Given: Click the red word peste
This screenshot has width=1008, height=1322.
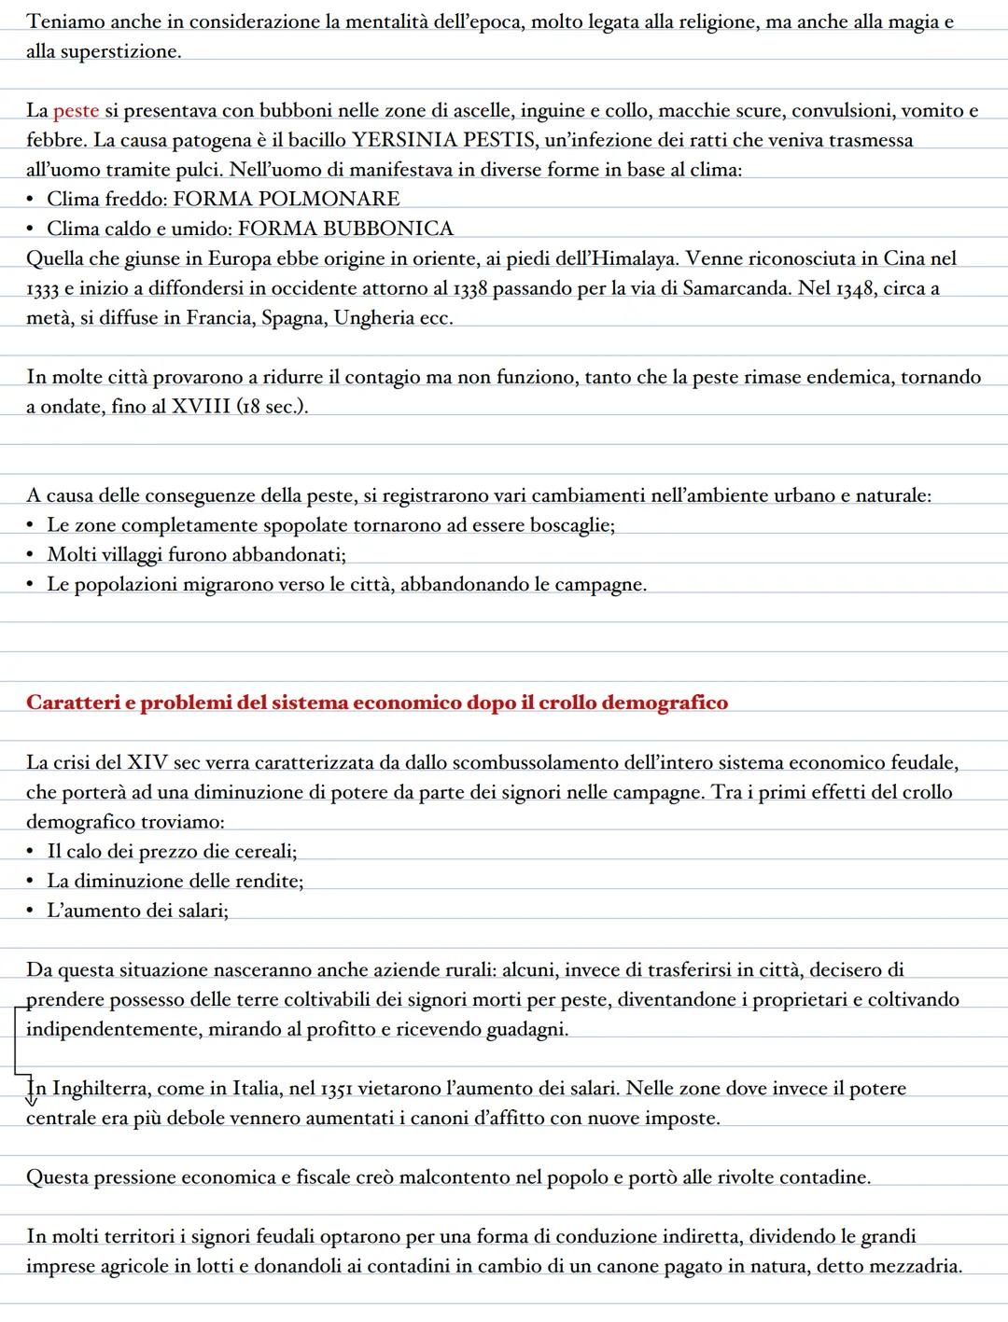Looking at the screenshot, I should (76, 111).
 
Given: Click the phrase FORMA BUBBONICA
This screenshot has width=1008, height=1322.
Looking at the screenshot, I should (346, 230).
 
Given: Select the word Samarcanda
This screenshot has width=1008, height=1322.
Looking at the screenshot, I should (736, 288).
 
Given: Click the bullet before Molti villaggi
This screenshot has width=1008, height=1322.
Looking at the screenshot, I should (33, 556).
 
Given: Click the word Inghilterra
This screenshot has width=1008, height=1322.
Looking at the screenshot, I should (101, 1089).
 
